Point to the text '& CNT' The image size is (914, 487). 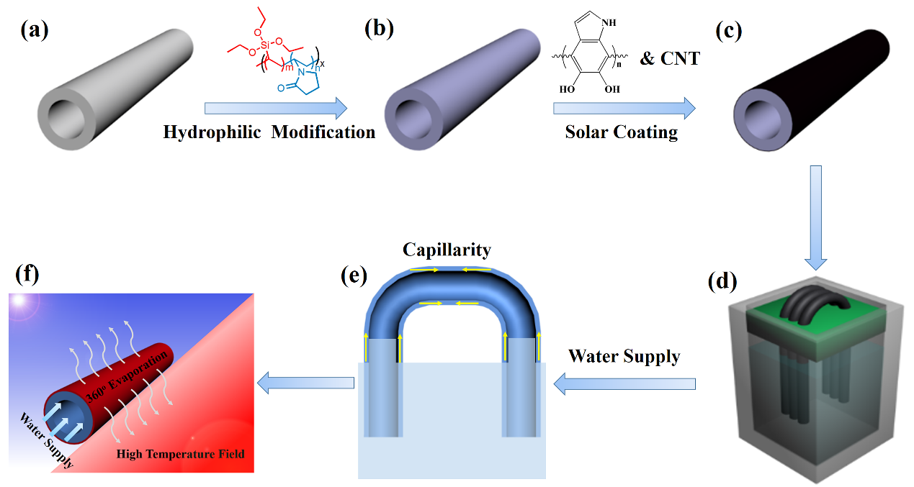point(670,58)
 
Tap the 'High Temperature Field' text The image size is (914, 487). point(181,454)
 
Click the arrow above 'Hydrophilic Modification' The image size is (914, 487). point(274,109)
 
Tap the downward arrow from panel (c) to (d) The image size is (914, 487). point(816,216)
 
